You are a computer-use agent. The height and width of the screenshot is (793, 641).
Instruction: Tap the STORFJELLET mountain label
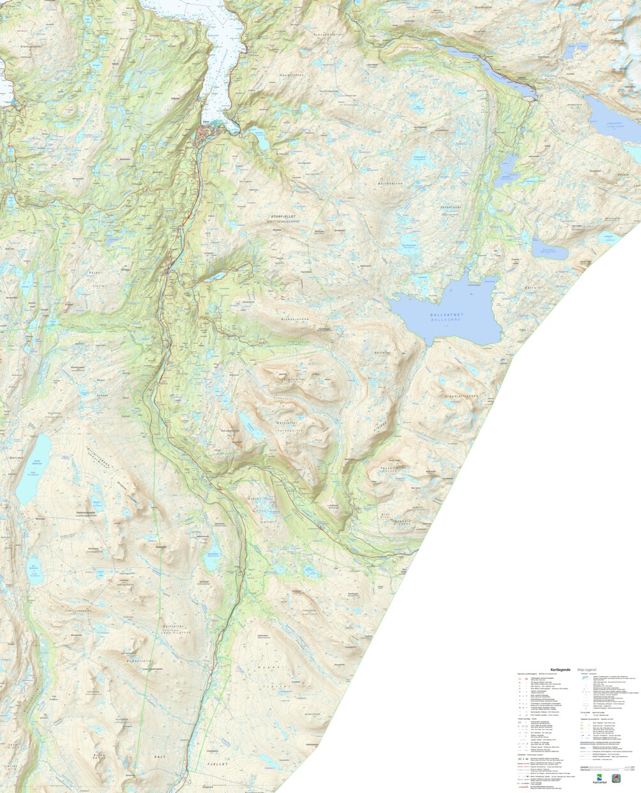[x=285, y=217]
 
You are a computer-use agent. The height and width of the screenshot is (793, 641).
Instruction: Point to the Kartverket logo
[x=600, y=780]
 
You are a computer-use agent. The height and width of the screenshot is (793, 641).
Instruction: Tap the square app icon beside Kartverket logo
[x=615, y=778]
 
